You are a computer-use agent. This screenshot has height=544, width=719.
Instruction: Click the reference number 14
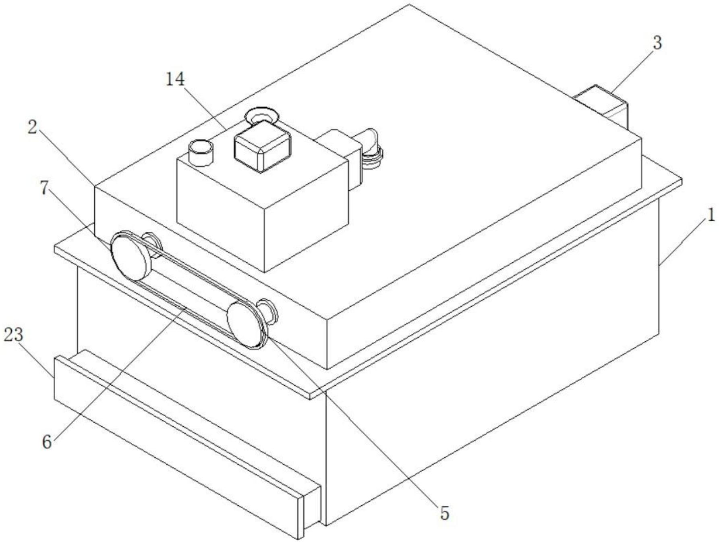pyautogui.click(x=175, y=80)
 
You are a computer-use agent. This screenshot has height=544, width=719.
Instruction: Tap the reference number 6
pyautogui.click(x=47, y=442)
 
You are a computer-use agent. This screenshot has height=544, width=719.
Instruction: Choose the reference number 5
pyautogui.click(x=444, y=513)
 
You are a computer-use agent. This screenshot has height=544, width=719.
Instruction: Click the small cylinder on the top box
pyautogui.click(x=201, y=152)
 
